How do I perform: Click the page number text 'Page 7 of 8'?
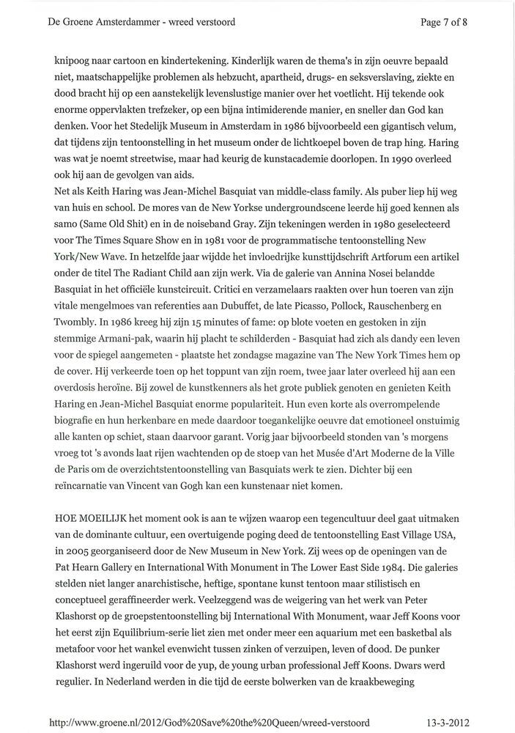444,22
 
